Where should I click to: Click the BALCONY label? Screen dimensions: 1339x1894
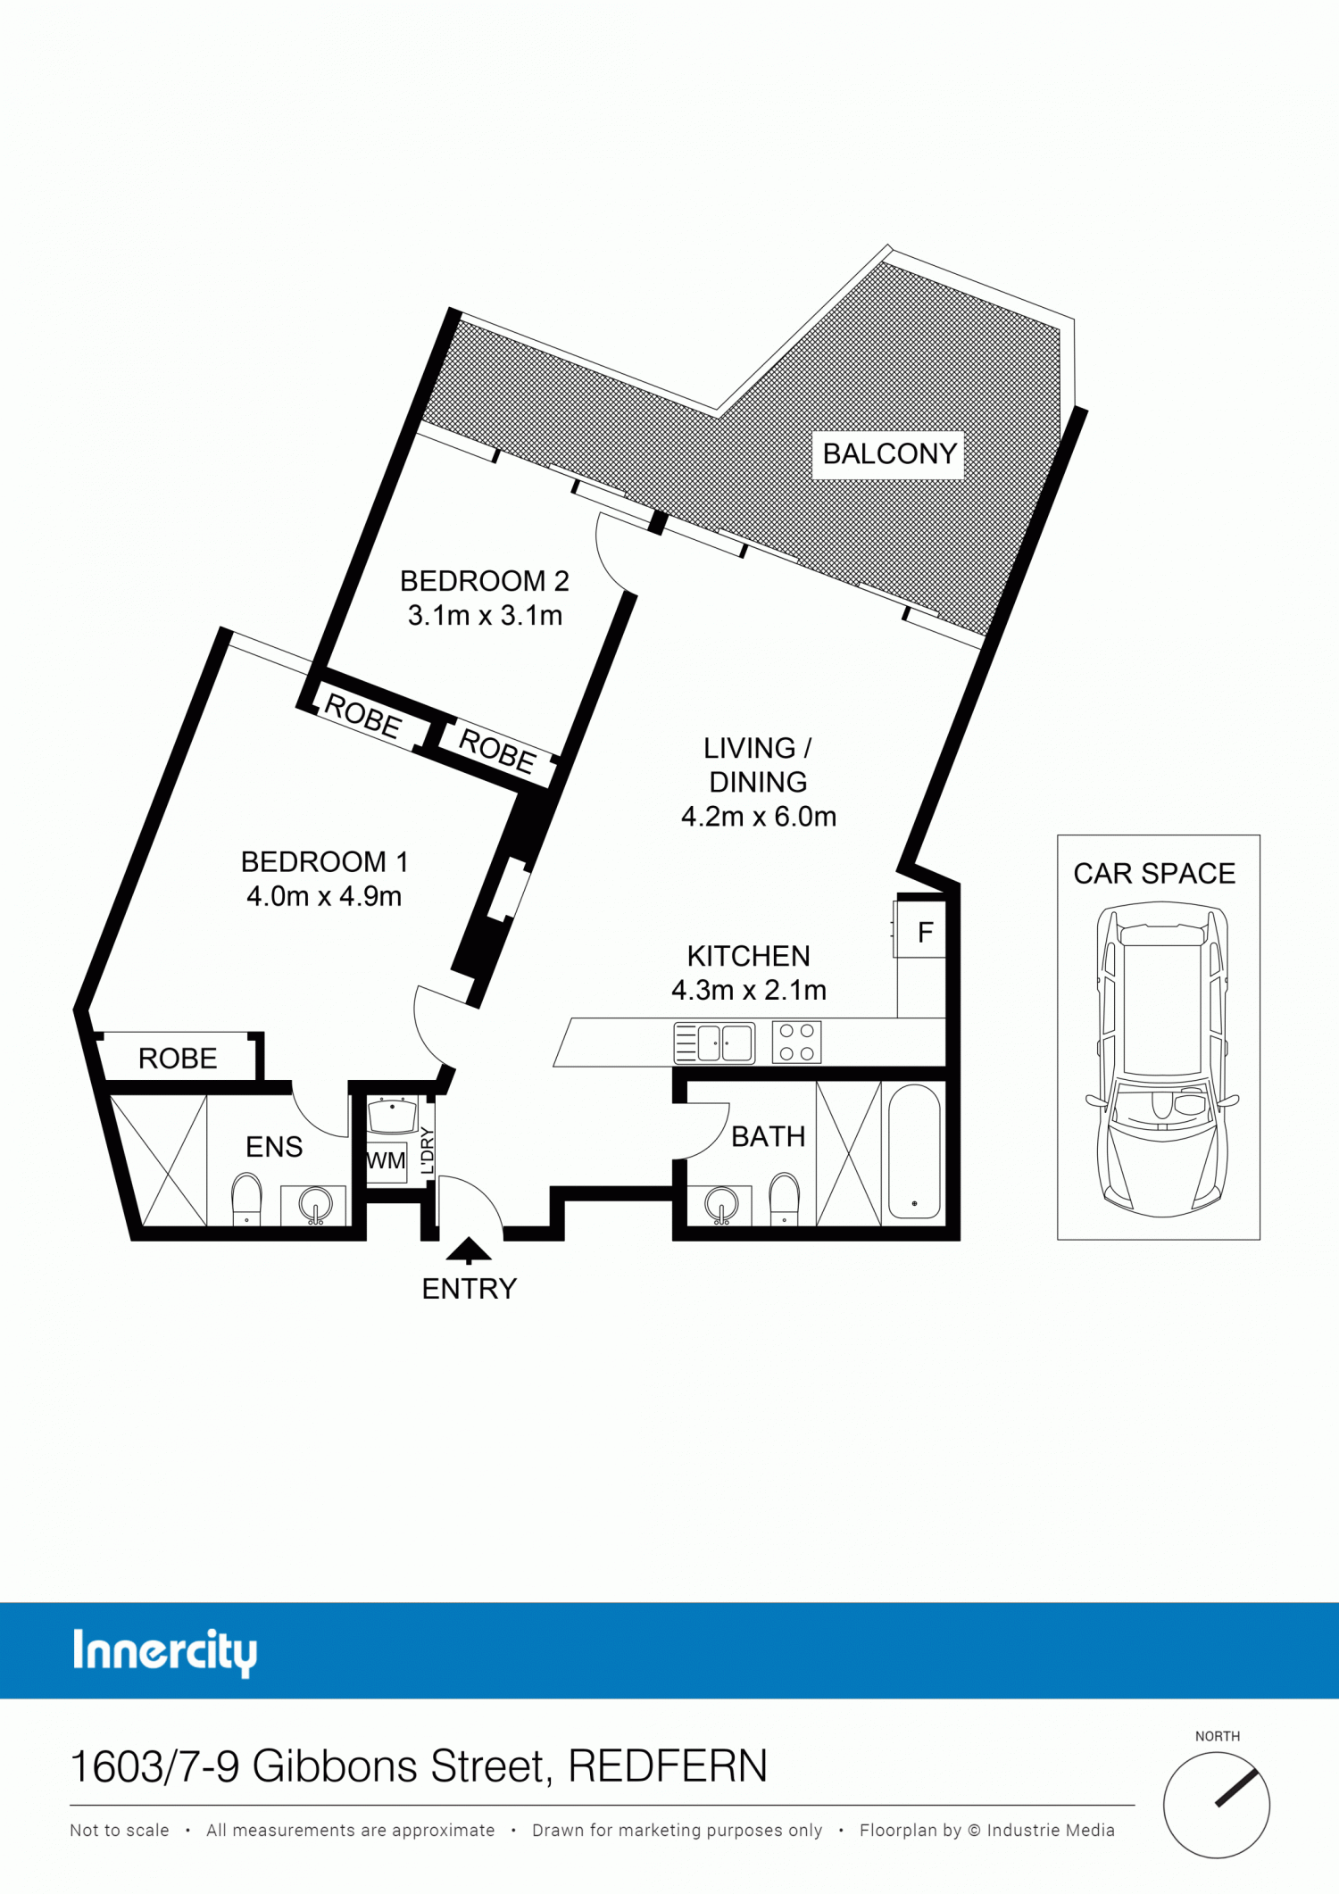click(889, 454)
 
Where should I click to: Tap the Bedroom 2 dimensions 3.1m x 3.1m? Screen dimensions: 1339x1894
click(485, 616)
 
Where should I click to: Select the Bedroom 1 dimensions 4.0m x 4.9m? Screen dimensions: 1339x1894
click(324, 896)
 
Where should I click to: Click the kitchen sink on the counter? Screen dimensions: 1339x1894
click(714, 1043)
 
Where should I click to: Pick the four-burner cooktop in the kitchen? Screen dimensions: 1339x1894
click(796, 1042)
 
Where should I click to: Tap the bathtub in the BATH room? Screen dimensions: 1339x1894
click(914, 1151)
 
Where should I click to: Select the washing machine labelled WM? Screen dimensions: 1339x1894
click(387, 1161)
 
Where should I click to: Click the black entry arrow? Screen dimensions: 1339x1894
click(469, 1250)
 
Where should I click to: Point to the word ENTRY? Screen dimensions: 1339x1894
click(470, 1289)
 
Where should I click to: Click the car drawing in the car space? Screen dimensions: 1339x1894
click(1162, 1059)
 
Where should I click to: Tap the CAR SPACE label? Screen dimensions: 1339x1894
click(1154, 874)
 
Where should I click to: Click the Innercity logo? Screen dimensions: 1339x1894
click(165, 1652)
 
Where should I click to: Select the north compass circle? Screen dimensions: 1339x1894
click(1217, 1805)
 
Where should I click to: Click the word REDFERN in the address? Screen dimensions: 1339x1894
click(668, 1766)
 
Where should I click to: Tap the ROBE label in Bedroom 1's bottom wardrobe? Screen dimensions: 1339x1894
click(178, 1059)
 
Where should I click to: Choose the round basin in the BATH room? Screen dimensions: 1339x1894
click(721, 1206)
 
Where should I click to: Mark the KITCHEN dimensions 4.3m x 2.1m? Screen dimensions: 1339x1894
click(749, 991)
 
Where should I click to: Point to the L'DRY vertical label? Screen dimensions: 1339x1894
click(427, 1151)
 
